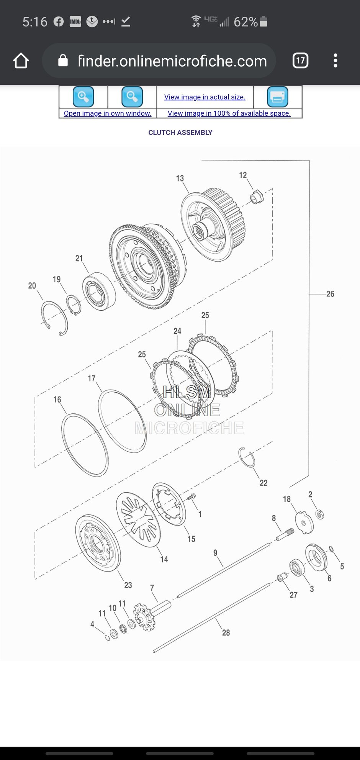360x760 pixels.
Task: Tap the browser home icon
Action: (21, 61)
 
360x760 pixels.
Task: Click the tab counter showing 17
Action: (300, 61)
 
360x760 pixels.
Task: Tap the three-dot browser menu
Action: (335, 61)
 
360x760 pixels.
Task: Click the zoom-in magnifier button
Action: (83, 97)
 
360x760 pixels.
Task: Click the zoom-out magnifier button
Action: (132, 97)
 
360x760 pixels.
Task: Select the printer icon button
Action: (277, 97)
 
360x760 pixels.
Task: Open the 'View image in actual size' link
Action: (205, 97)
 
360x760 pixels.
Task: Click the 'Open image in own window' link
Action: (108, 113)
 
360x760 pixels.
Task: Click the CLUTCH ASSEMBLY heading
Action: (180, 133)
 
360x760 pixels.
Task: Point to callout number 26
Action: (330, 294)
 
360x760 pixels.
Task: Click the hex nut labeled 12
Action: (257, 197)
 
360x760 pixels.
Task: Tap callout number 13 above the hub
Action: (180, 179)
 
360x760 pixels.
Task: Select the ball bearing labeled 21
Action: (99, 291)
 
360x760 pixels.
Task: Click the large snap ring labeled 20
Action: (54, 318)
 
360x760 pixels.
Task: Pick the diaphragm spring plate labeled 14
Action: (138, 519)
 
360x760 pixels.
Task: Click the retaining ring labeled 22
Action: (247, 457)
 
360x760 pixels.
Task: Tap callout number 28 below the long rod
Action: (226, 633)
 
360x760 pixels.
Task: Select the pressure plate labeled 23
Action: (98, 543)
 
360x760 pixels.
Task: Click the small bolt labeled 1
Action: (191, 497)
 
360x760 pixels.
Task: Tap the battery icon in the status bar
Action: (263, 21)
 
